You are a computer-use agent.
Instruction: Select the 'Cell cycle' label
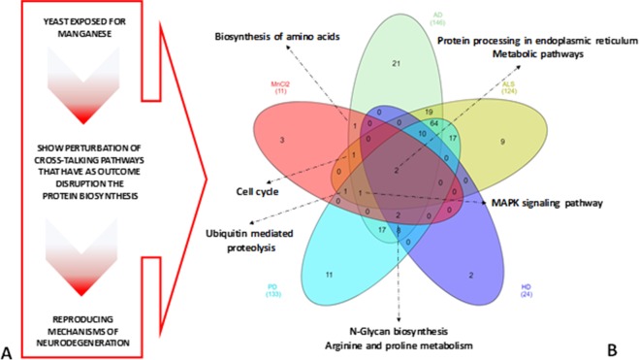coord(257,191)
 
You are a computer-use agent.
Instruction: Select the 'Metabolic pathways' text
coord(537,55)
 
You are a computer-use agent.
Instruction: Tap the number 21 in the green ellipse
coord(396,64)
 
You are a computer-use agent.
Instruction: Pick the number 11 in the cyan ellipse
coord(330,276)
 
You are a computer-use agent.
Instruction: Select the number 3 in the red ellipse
coord(280,142)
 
